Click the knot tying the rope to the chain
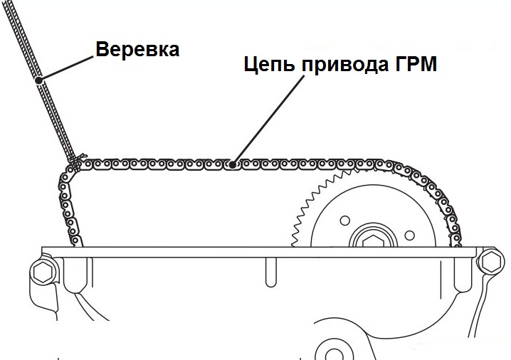pyautogui.click(x=80, y=159)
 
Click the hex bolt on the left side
pyautogui.click(x=43, y=271)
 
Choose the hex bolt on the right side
pyautogui.click(x=489, y=263)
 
